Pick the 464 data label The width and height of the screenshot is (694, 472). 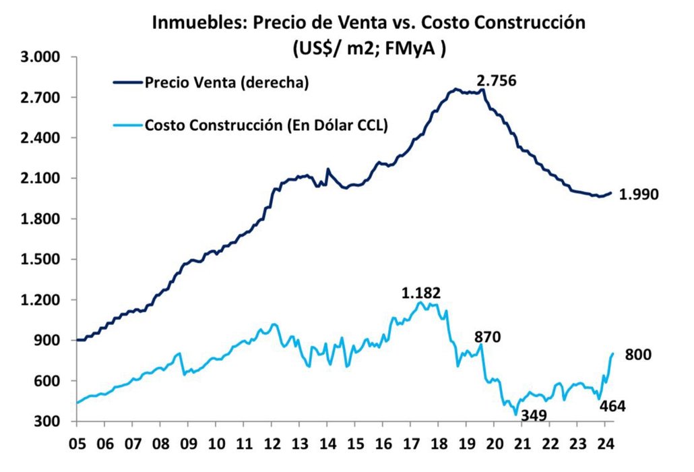click(613, 406)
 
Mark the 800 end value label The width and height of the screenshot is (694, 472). click(639, 355)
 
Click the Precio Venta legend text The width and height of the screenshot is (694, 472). click(226, 82)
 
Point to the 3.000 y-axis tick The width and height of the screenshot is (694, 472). click(42, 57)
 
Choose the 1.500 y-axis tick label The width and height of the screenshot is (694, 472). click(42, 260)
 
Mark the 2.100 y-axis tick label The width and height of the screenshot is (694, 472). click(42, 179)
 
